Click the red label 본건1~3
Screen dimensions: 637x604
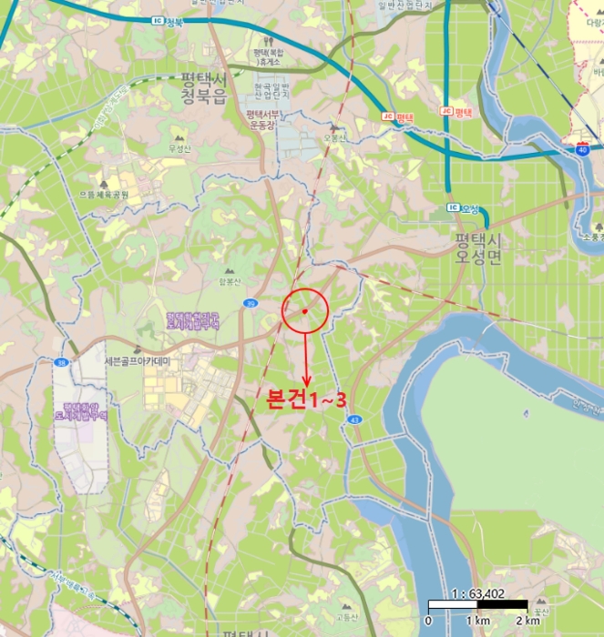[x=305, y=399]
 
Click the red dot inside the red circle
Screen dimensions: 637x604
[x=304, y=311]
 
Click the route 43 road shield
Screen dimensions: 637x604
[x=354, y=420]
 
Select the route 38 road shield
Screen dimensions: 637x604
[x=60, y=362]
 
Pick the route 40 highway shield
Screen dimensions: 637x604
[x=582, y=149]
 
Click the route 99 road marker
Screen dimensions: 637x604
[x=251, y=303]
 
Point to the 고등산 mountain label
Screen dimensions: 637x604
[x=345, y=616]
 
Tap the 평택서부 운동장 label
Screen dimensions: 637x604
[x=262, y=120]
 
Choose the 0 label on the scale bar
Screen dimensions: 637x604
[x=428, y=621]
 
